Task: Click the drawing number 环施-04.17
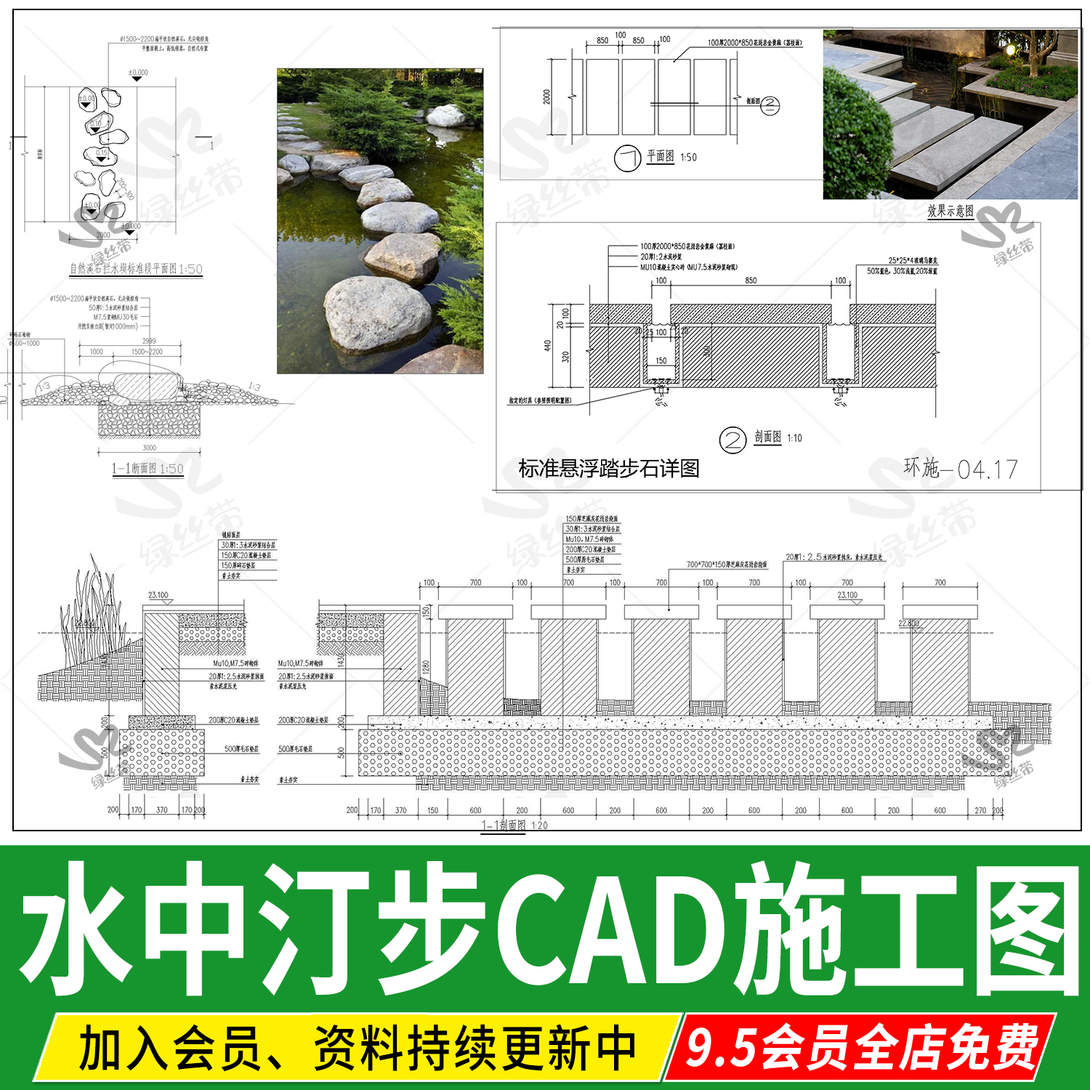[x=960, y=469]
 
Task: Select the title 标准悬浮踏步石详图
[x=609, y=469]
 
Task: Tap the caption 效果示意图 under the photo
[x=950, y=211]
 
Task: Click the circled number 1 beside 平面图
[x=626, y=158]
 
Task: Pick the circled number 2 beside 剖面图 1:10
[x=732, y=440]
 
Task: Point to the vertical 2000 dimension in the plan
[x=546, y=97]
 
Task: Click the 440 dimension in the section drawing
[x=548, y=346]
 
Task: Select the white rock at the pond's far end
[x=445, y=116]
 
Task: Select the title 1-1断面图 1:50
[x=148, y=469]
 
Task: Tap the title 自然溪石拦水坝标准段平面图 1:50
[x=136, y=269]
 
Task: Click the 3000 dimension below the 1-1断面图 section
[x=149, y=448]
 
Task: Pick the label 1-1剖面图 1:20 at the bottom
[x=514, y=825]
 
